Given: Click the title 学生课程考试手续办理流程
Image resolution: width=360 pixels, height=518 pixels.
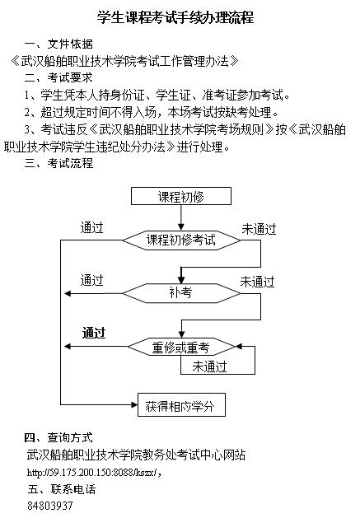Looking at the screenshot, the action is tap(175, 17).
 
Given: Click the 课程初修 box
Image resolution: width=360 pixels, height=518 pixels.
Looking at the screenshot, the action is tap(181, 196).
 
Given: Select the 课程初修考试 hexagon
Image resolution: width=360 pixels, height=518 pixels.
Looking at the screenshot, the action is tap(181, 240).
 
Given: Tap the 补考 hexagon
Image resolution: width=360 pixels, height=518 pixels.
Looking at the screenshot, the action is tap(181, 293).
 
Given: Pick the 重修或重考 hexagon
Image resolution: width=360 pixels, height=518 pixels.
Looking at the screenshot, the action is tap(181, 347).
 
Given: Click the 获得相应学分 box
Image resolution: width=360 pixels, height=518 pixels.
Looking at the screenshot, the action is tap(181, 404).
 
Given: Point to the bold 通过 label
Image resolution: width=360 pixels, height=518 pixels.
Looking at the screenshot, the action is tap(94, 333).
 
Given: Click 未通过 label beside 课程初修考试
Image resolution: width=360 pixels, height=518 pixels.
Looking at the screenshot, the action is tap(259, 229).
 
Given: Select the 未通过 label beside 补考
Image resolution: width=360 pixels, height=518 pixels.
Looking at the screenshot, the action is tap(258, 282).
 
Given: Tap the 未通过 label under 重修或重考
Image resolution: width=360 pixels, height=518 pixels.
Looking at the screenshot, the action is tap(209, 366).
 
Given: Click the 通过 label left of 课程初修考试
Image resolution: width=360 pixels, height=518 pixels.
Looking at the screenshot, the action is tap(92, 227).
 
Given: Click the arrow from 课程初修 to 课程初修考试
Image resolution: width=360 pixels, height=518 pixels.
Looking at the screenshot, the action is tap(181, 217).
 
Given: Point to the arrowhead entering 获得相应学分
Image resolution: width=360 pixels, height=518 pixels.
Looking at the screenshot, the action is tap(134, 404).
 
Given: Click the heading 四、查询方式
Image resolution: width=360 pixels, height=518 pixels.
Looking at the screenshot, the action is tap(58, 437).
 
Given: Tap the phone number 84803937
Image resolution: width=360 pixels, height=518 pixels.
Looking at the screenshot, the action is tap(50, 506).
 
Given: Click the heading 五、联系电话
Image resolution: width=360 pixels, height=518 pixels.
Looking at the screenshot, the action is tap(62, 489).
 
